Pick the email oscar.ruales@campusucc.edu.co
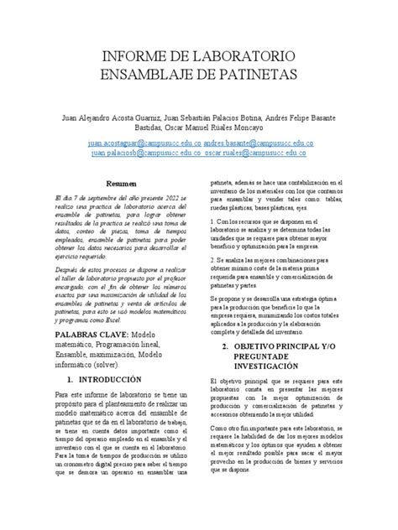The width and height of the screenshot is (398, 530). point(259,154)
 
